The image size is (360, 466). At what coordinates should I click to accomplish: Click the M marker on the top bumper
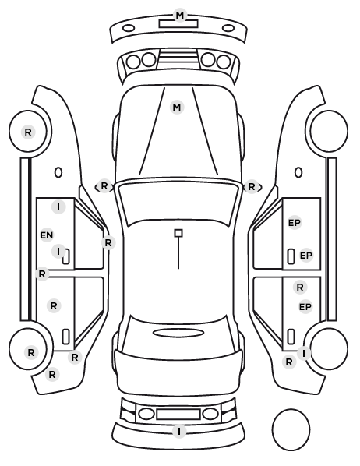coord(180,15)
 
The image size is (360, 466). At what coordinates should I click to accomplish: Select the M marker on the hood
coord(177,107)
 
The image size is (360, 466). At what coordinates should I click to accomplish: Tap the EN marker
coord(47,235)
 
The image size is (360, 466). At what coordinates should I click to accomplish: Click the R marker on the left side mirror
coord(104,186)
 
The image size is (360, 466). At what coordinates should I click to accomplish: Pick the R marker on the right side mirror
coord(252,187)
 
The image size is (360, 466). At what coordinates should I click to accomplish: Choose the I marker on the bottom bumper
coord(179,431)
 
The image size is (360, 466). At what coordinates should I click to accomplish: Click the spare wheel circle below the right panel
coord(291,429)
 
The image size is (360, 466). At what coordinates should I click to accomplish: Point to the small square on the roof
coord(178,233)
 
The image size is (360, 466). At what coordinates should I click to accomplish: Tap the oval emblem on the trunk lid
coord(178,333)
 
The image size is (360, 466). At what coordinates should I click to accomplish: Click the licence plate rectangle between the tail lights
coord(178,414)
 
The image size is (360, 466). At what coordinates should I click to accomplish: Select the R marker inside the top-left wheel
coord(28,132)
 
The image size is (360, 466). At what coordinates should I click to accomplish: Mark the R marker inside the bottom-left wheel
coord(31,353)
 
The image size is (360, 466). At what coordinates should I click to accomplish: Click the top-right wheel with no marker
coord(329,131)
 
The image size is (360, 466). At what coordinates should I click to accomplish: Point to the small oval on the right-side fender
coord(298,172)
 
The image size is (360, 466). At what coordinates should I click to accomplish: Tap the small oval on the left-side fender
coord(58,172)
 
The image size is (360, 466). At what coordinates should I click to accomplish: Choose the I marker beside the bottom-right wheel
coord(304,353)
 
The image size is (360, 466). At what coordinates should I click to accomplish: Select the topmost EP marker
coord(295,223)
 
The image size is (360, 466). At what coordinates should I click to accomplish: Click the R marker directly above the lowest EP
coord(300,288)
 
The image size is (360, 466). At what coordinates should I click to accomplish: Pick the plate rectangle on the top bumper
coord(178,24)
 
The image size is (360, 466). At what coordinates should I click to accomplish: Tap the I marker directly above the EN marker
coord(58,207)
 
